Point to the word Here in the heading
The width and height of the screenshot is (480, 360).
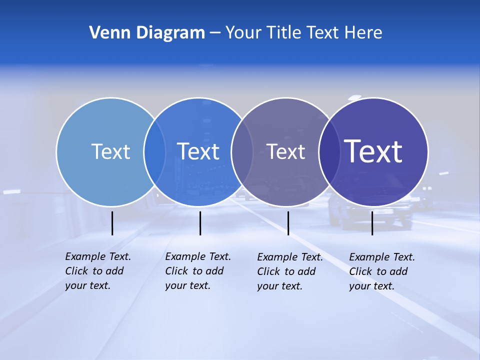coord(363,33)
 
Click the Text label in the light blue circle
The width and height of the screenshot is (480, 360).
coord(110,151)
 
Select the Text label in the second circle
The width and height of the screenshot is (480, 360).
coord(198,151)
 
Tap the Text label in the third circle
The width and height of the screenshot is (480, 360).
coord(285,151)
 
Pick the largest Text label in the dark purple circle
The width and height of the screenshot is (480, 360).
coord(373,151)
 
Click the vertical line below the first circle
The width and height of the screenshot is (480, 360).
coord(112,223)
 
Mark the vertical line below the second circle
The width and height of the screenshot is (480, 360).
coord(200,223)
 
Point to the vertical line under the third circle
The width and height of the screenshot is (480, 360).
coord(288,223)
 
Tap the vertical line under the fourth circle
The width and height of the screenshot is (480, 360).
coord(372,223)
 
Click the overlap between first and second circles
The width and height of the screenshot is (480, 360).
coord(154,152)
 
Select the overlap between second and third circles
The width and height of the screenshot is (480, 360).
coord(242,152)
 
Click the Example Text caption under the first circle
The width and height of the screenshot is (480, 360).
coord(98,271)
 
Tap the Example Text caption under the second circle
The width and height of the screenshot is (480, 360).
coord(198,271)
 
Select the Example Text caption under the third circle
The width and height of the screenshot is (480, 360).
coord(290,271)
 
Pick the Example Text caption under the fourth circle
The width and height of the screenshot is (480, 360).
coord(382,271)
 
